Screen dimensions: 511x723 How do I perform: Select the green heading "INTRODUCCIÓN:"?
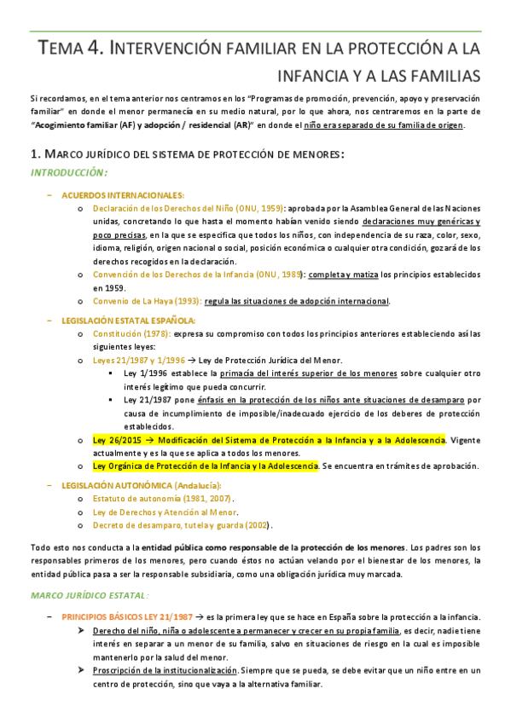point(67,172)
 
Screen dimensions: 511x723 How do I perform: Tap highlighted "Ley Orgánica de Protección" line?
point(206,466)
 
